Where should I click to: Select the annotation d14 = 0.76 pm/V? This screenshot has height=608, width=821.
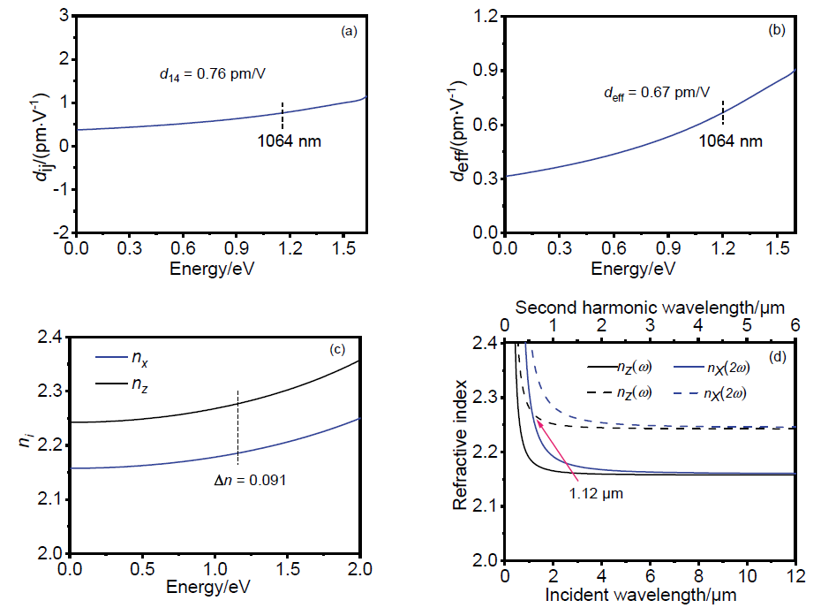(x=207, y=73)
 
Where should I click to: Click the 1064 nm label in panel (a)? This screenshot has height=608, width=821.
(x=286, y=139)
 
